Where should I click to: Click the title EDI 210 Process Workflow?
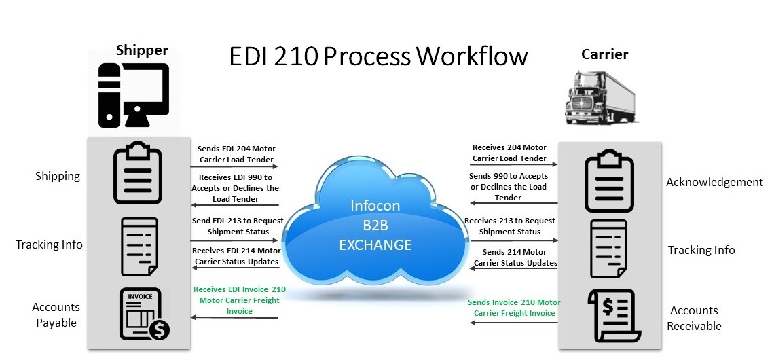pos(378,56)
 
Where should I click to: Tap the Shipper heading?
pos(142,50)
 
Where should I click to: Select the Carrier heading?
pos(604,54)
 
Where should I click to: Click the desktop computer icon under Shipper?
pos(134,95)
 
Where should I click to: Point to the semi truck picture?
pos(602,97)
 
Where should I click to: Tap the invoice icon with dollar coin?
pos(143,314)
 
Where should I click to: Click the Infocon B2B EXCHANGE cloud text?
pos(375,225)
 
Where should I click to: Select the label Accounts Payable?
pos(56,314)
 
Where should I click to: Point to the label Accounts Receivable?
pos(694,318)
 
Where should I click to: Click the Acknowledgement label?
pos(714,182)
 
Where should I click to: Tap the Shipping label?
pos(58,177)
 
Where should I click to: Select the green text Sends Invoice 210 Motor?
pos(514,302)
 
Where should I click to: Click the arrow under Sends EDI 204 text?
pos(234,167)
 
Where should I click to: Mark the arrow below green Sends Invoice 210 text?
pos(514,323)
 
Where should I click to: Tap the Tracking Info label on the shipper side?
pos(50,245)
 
